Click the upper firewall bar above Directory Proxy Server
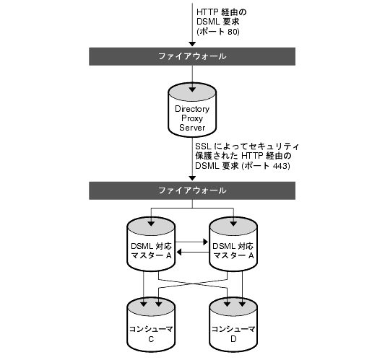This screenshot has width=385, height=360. click(x=192, y=56)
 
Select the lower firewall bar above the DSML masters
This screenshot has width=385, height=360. click(x=192, y=190)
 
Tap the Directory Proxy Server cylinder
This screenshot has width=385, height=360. click(x=192, y=110)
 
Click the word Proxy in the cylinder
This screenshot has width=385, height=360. click(x=192, y=118)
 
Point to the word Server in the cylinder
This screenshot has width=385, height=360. click(x=192, y=128)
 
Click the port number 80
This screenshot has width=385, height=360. click(x=233, y=32)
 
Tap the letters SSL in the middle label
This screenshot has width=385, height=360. click(x=203, y=146)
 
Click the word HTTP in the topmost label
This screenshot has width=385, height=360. click(x=207, y=12)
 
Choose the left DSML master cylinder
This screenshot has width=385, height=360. click(x=151, y=244)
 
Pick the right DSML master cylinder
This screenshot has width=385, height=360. click(x=233, y=244)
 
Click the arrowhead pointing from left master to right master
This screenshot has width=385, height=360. click(x=206, y=242)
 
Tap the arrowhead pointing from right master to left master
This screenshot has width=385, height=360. click(x=179, y=252)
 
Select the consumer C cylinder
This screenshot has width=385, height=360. click(x=151, y=324)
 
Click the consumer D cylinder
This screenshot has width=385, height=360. click(x=233, y=324)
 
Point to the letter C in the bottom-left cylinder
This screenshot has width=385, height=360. click(x=151, y=339)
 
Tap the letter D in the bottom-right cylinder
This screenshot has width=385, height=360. click(x=233, y=339)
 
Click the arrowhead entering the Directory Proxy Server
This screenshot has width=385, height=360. click(x=192, y=89)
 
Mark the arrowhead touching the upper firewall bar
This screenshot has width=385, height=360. click(x=192, y=44)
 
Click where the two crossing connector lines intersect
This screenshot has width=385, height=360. click(x=193, y=284)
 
